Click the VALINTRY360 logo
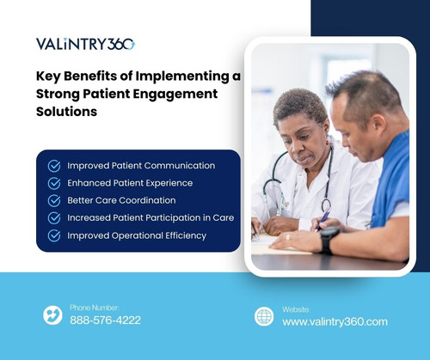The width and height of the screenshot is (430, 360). [x=85, y=44]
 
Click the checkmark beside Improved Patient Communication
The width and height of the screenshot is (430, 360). [x=54, y=166]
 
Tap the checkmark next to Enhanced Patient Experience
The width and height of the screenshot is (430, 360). [x=54, y=183]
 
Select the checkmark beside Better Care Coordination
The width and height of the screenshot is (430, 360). [x=54, y=200]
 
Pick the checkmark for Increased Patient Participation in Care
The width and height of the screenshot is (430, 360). [x=54, y=217]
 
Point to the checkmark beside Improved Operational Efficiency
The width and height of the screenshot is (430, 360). [x=54, y=235]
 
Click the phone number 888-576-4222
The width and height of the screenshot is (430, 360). [x=105, y=320]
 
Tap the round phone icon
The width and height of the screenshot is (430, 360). [x=52, y=315]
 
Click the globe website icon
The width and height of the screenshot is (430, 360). [x=264, y=316]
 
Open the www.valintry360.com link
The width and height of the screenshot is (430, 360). [x=335, y=322]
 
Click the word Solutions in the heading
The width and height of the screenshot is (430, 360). [x=72, y=112]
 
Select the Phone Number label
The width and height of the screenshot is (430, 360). [x=95, y=307]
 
